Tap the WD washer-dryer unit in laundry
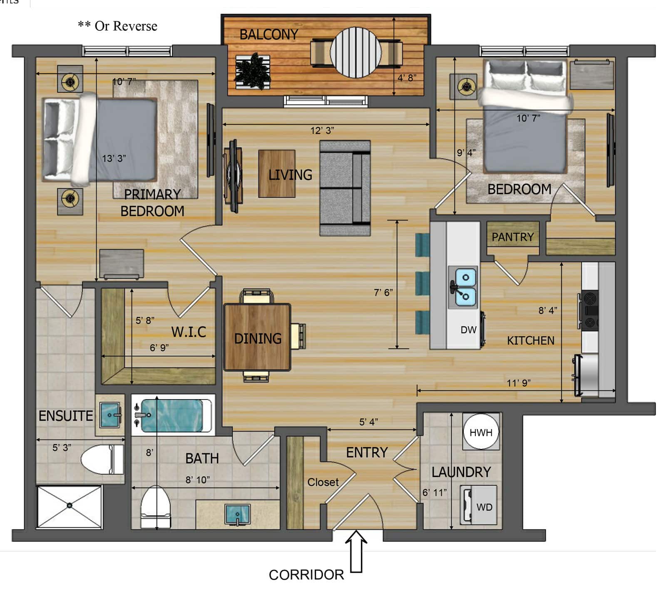[478, 505]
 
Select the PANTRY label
[512, 237]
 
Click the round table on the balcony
[355, 52]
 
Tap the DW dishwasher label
[468, 330]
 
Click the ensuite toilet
[102, 459]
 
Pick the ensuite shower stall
[69, 507]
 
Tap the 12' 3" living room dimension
[322, 130]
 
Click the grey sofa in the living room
[345, 188]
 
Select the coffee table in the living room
[277, 174]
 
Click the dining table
[257, 337]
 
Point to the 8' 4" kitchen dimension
[548, 310]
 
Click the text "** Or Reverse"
[117, 26]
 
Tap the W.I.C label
[189, 332]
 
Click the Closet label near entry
[323, 482]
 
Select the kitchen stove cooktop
[590, 310]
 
